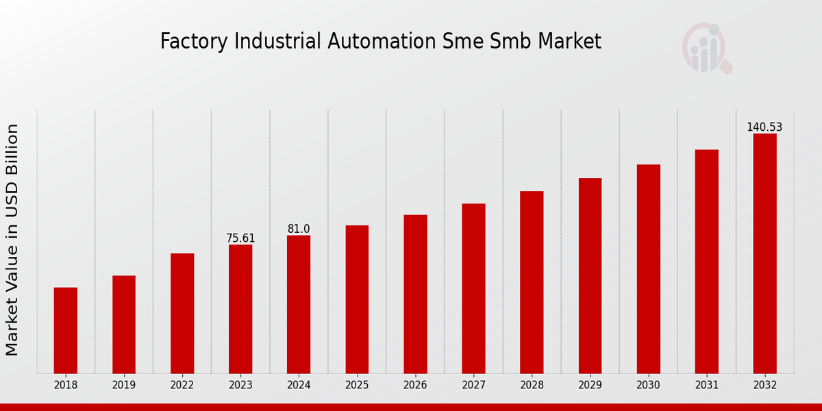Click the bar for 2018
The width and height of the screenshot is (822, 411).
pyautogui.click(x=66, y=330)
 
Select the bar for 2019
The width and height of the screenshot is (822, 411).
pyautogui.click(x=124, y=324)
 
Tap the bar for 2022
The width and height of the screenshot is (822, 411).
pyautogui.click(x=182, y=313)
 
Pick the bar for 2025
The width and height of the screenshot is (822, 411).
pyautogui.click(x=357, y=299)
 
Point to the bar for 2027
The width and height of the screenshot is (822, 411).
pyautogui.click(x=473, y=288)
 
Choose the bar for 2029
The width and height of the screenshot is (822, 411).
pyautogui.click(x=590, y=275)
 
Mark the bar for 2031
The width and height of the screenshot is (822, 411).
pyautogui.click(x=706, y=261)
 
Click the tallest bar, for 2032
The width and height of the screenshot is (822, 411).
pyautogui.click(x=764, y=253)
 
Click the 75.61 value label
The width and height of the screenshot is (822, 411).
pyautogui.click(x=240, y=238)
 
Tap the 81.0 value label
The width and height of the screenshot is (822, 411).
pyautogui.click(x=299, y=229)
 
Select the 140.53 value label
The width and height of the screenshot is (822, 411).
pyautogui.click(x=764, y=127)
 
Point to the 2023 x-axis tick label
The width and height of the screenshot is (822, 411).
pyautogui.click(x=240, y=386)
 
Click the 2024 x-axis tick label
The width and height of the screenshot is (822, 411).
pyautogui.click(x=299, y=386)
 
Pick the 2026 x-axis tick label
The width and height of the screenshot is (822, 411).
pyautogui.click(x=415, y=386)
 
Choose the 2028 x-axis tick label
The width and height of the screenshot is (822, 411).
pyautogui.click(x=532, y=386)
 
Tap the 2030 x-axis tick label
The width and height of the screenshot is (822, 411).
pyautogui.click(x=648, y=386)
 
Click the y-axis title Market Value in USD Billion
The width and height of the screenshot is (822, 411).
pyautogui.click(x=12, y=240)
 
